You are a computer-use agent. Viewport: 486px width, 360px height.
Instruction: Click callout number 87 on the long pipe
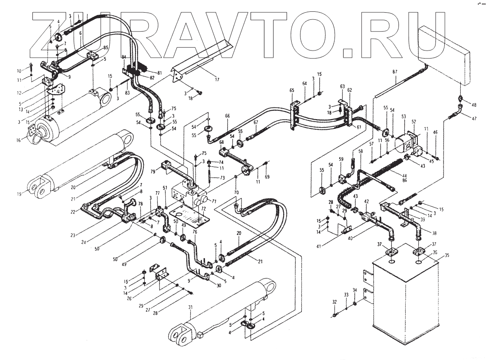coord(394,72)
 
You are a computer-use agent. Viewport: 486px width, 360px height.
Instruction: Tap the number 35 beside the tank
coord(447,255)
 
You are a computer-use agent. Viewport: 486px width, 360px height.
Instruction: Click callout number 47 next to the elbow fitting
coord(474,119)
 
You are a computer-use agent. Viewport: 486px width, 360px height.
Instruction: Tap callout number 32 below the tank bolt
coord(335,302)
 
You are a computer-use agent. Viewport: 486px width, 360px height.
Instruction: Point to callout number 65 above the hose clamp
coord(292,90)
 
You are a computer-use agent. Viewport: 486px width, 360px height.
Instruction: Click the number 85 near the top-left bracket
coord(105,48)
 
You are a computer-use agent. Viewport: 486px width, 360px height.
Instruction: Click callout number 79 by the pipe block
coord(153,171)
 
